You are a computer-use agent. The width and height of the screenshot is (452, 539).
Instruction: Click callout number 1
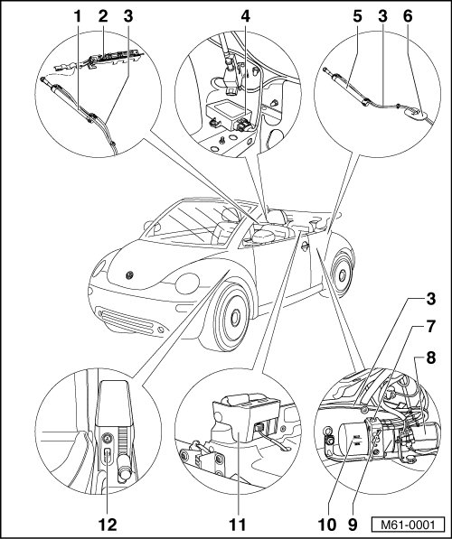coord(78,16)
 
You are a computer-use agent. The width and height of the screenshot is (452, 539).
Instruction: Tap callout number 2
coord(102,16)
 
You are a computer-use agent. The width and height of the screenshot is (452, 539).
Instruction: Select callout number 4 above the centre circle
coord(245,16)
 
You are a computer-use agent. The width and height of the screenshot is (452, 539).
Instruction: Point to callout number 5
coord(358,16)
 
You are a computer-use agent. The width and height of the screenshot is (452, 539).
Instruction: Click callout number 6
coord(408,16)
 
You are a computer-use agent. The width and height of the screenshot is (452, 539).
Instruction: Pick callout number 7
coord(430,326)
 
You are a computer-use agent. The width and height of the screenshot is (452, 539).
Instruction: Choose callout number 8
coord(430,358)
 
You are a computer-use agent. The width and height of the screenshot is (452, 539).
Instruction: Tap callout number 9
coord(353,525)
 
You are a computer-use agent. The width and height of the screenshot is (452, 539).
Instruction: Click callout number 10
coord(326,525)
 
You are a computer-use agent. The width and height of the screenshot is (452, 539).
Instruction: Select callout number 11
coord(238,525)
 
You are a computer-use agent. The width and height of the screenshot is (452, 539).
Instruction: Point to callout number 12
coord(108,525)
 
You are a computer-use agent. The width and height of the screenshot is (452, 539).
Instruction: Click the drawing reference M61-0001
coord(408,525)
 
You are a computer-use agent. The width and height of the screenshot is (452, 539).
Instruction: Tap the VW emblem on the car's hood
coord(130,275)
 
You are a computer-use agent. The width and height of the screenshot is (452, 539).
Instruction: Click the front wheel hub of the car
coord(235,318)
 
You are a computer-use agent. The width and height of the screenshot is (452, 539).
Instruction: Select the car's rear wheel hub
coord(343,275)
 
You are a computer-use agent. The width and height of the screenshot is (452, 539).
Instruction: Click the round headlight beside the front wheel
coord(187,283)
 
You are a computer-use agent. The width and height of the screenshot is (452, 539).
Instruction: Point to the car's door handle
coord(305,246)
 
